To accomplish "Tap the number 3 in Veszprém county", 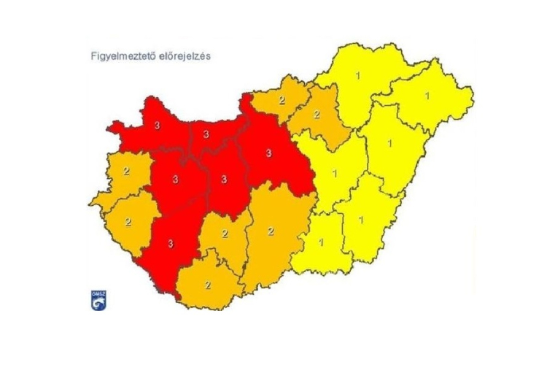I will [x=175, y=179].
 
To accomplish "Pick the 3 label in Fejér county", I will [x=224, y=178].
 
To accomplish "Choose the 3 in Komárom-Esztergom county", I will [x=207, y=134].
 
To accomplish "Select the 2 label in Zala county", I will [x=128, y=221].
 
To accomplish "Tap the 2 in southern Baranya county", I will [x=208, y=284].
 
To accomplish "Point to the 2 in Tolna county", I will [x=225, y=234].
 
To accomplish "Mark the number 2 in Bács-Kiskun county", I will [x=271, y=231].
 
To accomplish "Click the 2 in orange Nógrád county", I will [x=282, y=100].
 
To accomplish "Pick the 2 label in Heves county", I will [x=317, y=115].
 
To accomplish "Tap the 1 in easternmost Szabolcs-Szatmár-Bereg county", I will [x=427, y=96].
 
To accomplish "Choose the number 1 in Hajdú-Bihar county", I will [x=390, y=142].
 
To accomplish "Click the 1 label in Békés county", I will [x=360, y=219].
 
